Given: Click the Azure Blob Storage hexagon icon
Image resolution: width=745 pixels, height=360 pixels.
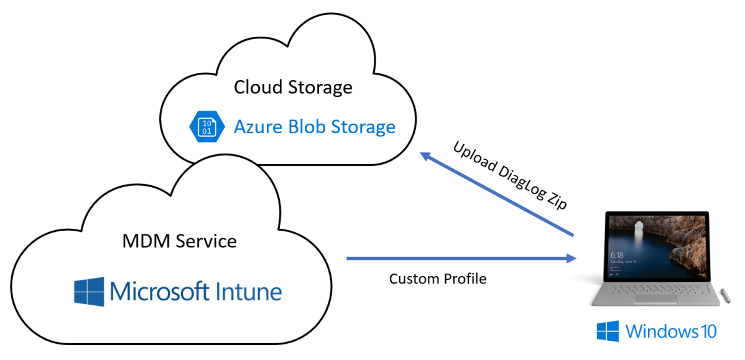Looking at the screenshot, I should tap(206, 127).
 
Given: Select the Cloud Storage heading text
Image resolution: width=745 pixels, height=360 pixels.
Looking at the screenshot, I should tap(293, 87).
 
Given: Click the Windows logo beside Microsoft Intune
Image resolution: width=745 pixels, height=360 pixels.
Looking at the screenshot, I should tap(89, 291).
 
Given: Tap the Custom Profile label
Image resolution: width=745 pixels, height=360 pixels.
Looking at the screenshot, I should tap(437, 279).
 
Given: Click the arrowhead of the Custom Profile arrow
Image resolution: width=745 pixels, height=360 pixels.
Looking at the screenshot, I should tap(571, 258).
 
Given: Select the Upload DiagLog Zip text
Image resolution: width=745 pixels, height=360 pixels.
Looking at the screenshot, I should tap(510, 176).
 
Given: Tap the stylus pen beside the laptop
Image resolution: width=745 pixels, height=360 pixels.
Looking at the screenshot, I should tap(724, 295).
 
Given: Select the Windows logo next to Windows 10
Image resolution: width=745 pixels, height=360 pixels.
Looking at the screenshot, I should tap(608, 331).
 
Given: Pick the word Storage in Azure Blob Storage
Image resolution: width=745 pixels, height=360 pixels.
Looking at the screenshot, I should tap(364, 127).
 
